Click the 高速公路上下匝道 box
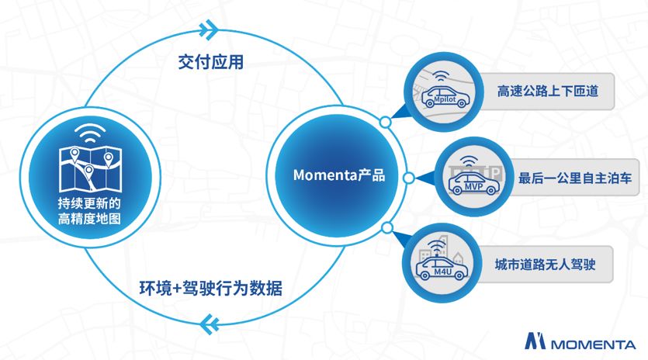point(545,92)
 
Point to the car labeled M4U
point(439,269)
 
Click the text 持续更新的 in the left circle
point(89,204)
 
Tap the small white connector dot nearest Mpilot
point(385,122)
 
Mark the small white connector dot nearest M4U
point(385,227)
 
